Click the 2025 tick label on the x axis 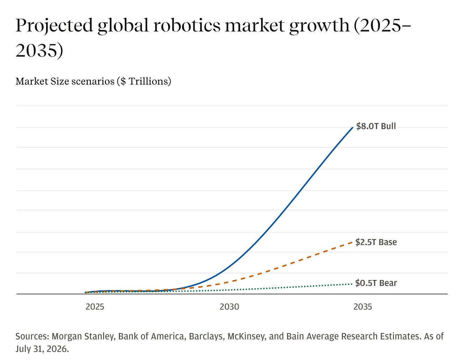click(x=95, y=307)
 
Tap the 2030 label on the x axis click(x=229, y=307)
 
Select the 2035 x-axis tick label click(x=362, y=307)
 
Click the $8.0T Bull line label click(x=376, y=126)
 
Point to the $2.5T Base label click(x=376, y=242)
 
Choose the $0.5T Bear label click(x=376, y=283)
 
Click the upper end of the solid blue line click(x=353, y=128)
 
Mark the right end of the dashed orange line click(x=352, y=242)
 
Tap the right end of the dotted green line click(x=352, y=284)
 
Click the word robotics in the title click(x=187, y=26)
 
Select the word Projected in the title click(x=54, y=26)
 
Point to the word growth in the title click(x=319, y=26)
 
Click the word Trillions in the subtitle click(x=148, y=81)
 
